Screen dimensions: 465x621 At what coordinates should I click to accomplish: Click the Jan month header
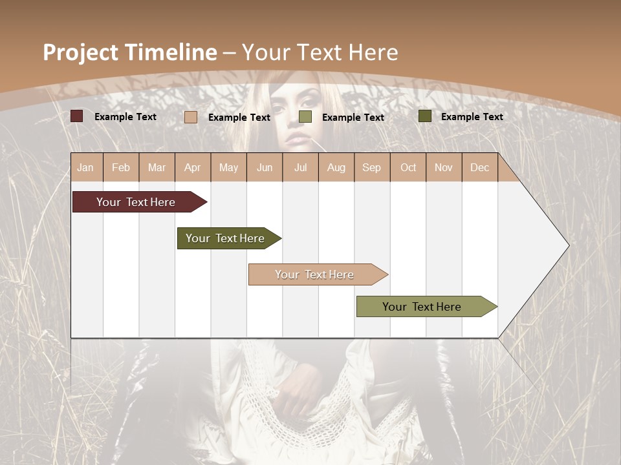(x=85, y=167)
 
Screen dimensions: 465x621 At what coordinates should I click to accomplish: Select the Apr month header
(x=193, y=167)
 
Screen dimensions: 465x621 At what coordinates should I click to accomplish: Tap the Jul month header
(x=300, y=167)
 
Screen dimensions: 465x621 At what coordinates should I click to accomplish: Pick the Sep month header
(x=371, y=167)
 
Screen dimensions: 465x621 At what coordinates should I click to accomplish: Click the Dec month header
(x=479, y=167)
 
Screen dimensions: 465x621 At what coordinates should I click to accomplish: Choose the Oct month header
(x=408, y=167)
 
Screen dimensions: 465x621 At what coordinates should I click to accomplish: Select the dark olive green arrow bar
(x=226, y=238)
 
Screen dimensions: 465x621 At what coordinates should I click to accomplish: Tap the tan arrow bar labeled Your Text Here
(x=315, y=274)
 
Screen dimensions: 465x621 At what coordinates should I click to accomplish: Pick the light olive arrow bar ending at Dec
(x=424, y=307)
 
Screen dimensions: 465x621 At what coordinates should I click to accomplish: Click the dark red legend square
(x=77, y=116)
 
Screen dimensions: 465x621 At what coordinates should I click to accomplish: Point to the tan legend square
(x=191, y=117)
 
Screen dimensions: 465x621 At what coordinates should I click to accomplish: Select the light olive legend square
(x=305, y=117)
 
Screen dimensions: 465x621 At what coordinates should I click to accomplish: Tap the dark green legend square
(x=425, y=116)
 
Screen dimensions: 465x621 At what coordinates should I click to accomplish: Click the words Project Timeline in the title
(x=129, y=52)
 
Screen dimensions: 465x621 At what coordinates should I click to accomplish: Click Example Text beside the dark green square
(x=472, y=117)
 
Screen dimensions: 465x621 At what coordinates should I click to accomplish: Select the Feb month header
(x=121, y=167)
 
